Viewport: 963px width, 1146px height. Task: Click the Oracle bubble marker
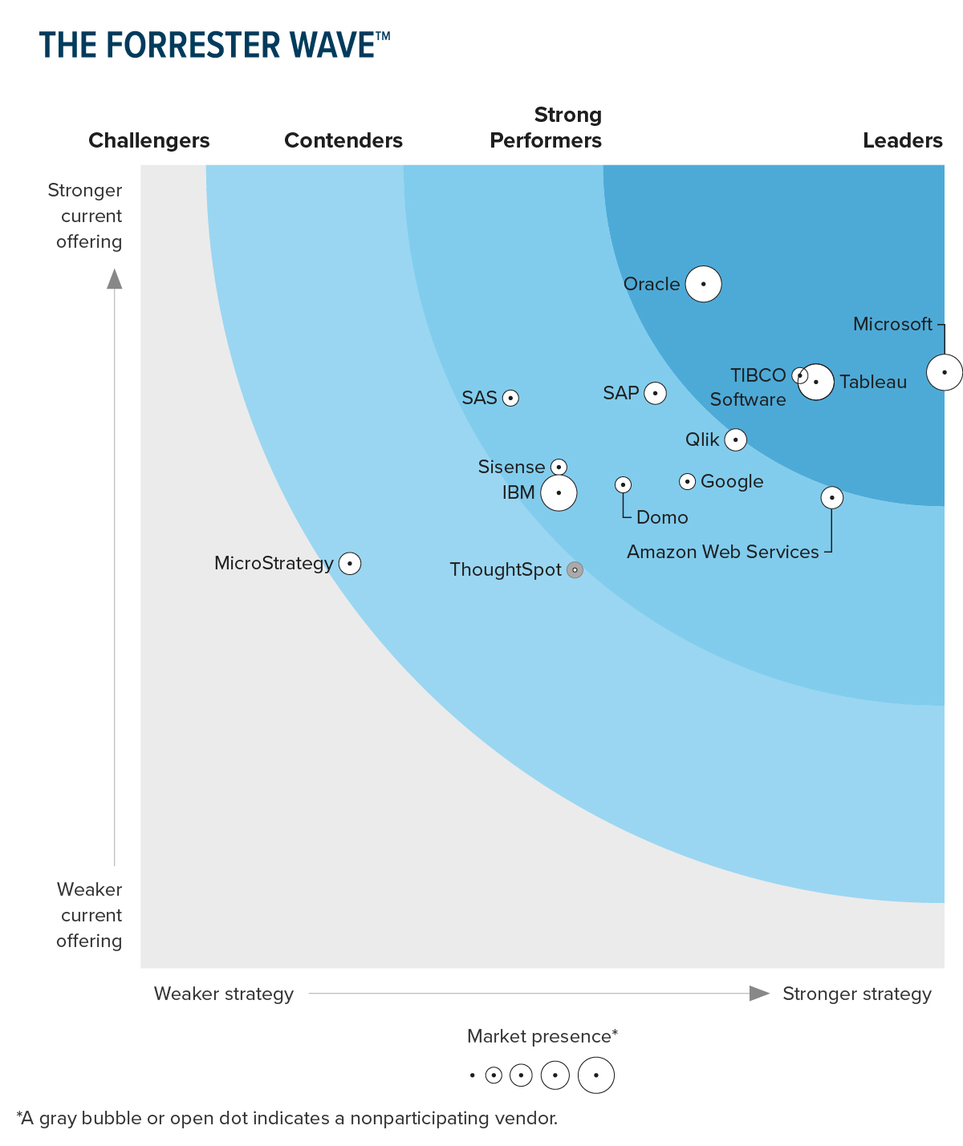[703, 284]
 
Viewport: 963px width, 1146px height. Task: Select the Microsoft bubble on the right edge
[944, 372]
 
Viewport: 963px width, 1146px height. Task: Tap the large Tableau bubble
[816, 382]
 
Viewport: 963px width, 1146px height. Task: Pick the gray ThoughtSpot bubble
[575, 570]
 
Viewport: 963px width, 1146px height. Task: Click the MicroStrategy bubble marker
[350, 564]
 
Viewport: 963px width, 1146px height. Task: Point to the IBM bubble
[559, 492]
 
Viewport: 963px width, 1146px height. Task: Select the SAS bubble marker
[510, 398]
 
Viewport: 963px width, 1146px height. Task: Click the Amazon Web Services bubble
[832, 498]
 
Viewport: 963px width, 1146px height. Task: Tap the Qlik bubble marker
[735, 439]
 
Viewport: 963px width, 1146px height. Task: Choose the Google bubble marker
[687, 481]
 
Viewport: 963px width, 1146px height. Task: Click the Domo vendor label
[662, 517]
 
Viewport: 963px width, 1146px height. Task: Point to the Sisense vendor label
[511, 467]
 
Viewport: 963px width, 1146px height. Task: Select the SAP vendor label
[621, 393]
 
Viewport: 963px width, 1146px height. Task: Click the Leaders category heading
[902, 140]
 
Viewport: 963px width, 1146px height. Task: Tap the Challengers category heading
[148, 140]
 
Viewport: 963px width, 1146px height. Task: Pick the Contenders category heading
[343, 140]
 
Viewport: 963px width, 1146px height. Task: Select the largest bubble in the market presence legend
[596, 1075]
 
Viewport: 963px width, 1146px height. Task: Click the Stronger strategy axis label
[856, 994]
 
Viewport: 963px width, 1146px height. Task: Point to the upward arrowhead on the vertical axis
[115, 278]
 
